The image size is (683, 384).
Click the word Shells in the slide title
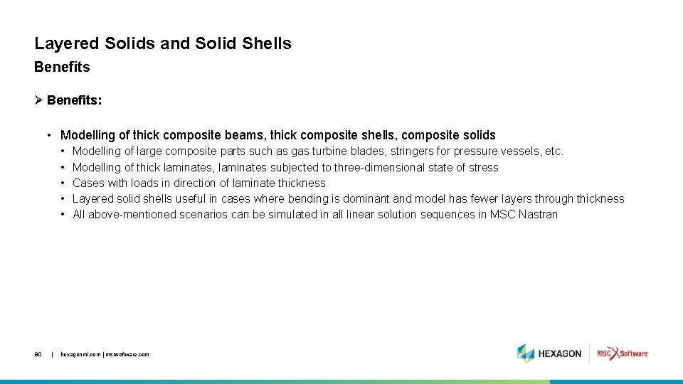click(267, 43)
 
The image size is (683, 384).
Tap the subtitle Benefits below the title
click(62, 67)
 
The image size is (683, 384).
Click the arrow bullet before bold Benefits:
click(38, 100)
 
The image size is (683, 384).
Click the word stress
click(484, 167)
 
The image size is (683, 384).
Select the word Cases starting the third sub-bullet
click(89, 183)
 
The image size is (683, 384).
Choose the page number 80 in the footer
click(38, 354)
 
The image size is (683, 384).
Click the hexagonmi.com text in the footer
click(80, 354)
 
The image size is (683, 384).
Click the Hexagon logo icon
click(525, 353)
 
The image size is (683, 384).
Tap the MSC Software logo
click(623, 353)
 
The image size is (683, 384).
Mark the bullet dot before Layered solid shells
click(63, 198)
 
